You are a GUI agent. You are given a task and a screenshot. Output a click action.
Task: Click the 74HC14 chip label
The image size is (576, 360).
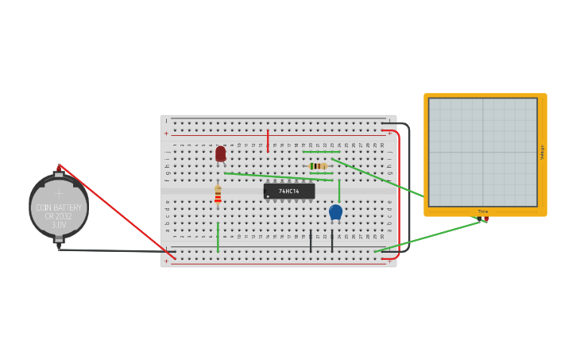tap(289, 191)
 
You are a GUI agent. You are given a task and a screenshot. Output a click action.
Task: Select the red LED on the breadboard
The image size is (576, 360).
tap(220, 153)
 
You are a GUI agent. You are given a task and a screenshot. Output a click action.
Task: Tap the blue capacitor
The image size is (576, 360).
tap(335, 211)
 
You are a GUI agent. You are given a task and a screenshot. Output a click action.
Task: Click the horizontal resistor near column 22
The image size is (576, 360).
tap(318, 166)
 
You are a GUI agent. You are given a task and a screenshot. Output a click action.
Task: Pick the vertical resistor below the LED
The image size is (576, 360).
tap(218, 195)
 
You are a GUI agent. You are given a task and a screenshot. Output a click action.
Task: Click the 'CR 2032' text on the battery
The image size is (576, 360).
tap(59, 216)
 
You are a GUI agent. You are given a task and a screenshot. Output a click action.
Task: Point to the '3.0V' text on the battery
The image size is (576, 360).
tap(59, 226)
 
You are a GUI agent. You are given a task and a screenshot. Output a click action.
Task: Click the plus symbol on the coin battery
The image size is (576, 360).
tap(59, 192)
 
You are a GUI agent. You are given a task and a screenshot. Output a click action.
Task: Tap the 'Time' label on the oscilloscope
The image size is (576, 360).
tap(482, 211)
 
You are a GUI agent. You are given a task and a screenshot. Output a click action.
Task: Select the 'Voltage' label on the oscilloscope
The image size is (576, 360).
tap(542, 152)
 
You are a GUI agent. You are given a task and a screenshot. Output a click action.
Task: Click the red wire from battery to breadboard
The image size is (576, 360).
tap(116, 211)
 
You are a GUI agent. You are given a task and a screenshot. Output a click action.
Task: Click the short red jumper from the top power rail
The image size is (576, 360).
tap(268, 141)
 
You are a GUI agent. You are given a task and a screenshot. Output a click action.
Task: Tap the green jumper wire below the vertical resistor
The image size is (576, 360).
tap(218, 237)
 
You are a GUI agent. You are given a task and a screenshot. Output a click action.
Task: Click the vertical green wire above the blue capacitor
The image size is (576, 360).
tap(339, 191)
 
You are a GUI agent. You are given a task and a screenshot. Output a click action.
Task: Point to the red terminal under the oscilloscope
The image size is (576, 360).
tap(485, 219)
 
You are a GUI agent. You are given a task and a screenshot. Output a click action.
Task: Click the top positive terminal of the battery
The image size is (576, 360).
tap(59, 168)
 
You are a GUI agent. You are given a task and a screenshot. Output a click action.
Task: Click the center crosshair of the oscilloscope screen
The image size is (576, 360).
tap(482, 152)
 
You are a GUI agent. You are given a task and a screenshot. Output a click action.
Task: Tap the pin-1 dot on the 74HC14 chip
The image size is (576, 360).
tap(269, 196)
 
